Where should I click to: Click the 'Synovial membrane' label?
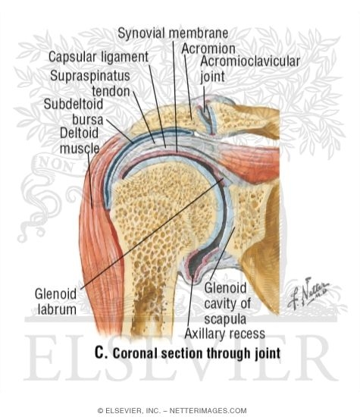173,33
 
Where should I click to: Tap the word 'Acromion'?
208,49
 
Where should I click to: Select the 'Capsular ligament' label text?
99,57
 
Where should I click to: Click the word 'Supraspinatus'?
90,76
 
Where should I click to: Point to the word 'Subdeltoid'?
74,104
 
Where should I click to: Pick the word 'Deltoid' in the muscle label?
79,133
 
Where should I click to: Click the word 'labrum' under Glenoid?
57,309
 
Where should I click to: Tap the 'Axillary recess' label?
224,334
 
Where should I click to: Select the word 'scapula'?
225,319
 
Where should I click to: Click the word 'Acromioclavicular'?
250,61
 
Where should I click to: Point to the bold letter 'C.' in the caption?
101,353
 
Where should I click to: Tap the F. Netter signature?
308,294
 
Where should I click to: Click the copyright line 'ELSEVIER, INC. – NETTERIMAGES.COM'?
172,410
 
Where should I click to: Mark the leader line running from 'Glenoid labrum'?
152,234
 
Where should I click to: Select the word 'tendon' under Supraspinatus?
111,92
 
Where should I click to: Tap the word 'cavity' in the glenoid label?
227,304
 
